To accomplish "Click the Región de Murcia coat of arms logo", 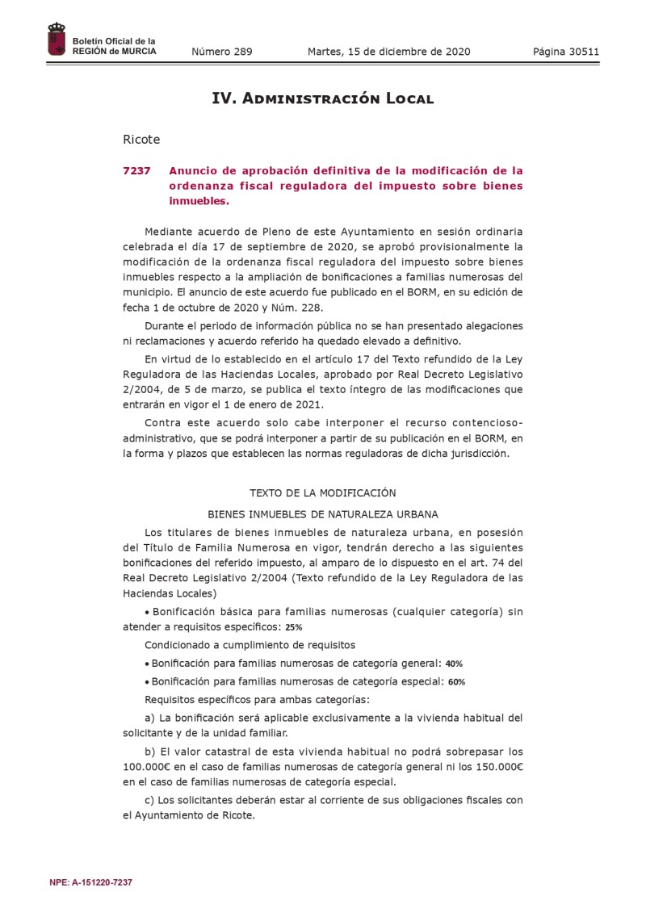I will pos(57,40).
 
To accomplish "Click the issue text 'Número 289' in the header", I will pos(222,52).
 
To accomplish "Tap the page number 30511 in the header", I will pos(582,52).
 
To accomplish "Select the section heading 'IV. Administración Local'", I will pos(322,98).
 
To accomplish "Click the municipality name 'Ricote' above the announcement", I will pos(141,140).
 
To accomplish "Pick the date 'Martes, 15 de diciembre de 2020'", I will pos(388,52).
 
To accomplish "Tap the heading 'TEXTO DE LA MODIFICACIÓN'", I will pos(322,492).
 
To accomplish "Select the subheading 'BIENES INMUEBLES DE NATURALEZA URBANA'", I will pos(322,513).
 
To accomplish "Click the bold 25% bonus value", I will pos(295,626).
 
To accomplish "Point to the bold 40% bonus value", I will pos(454,664).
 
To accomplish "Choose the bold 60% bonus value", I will pos(456,681).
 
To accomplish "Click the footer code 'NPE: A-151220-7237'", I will pos(90,882).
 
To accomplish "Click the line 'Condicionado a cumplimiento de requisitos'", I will pos(250,644).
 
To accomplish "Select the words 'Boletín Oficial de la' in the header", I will pos(114,41).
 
